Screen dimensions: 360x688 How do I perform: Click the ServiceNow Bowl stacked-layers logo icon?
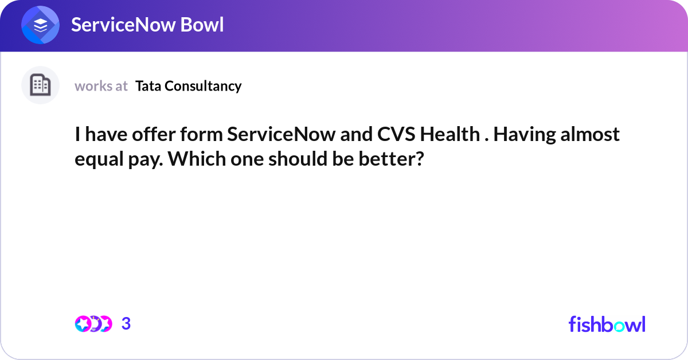[x=41, y=26]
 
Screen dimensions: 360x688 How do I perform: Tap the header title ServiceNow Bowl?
[x=147, y=25]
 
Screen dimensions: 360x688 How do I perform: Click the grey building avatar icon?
[x=40, y=85]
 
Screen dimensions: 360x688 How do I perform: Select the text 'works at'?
[x=101, y=86]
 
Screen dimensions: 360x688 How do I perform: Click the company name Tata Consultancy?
[x=188, y=86]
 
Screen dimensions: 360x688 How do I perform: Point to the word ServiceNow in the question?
[x=290, y=135]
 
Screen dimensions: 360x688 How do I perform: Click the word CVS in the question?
[x=396, y=135]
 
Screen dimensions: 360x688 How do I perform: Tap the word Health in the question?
[x=449, y=135]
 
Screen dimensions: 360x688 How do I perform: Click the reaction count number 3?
[x=126, y=324]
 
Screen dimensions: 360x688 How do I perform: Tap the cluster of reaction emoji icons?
[x=93, y=324]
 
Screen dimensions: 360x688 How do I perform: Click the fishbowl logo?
[x=607, y=324]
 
